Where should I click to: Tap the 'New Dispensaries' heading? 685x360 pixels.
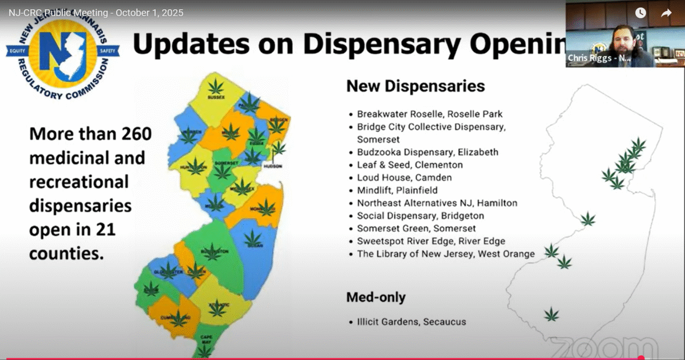416,87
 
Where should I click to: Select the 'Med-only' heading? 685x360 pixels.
376,297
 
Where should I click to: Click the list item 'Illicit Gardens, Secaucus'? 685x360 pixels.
411,322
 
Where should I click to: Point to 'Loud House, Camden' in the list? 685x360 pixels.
404,177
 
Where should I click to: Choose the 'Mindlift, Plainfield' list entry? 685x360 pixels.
397,190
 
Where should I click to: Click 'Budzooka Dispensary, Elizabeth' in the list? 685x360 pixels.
428,152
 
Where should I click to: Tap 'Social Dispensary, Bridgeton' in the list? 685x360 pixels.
420,216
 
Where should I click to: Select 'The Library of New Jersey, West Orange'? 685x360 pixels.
446,253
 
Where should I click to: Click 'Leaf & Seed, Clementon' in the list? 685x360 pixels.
410,165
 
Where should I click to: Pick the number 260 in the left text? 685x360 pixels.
135,135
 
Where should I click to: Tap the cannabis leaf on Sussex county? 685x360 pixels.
216,87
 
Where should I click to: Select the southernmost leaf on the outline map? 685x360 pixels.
551,314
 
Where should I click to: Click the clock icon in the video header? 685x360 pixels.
640,13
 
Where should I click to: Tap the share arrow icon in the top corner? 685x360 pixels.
666,13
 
